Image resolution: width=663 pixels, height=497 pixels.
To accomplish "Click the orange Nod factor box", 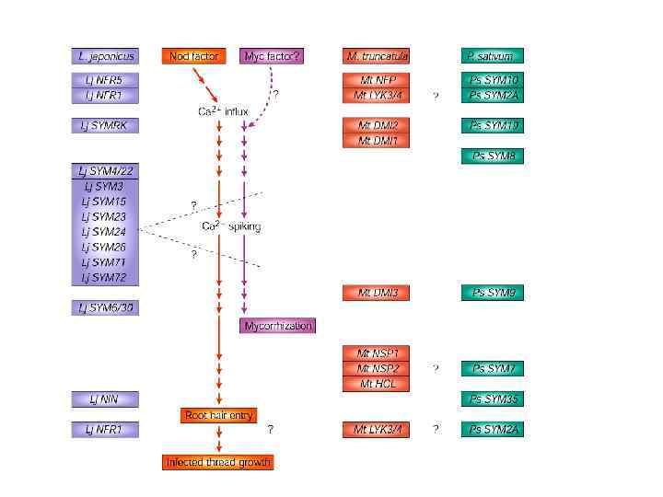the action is (x=193, y=56).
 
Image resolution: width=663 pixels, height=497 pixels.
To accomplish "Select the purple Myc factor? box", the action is (x=272, y=56).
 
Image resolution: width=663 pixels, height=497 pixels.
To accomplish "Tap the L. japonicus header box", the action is (x=105, y=56).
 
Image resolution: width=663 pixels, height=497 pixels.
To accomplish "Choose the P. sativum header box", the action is (x=493, y=56).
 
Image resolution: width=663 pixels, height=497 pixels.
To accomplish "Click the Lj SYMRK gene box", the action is (x=105, y=125).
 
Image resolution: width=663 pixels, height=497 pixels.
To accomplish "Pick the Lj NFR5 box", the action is (x=105, y=80).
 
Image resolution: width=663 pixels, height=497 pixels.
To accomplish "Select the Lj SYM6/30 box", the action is (x=105, y=307).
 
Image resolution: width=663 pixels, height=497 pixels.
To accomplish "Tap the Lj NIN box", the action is (x=105, y=399).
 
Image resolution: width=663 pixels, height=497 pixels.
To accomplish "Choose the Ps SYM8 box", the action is (x=493, y=156).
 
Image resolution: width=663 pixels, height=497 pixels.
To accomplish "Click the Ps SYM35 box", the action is (x=493, y=399).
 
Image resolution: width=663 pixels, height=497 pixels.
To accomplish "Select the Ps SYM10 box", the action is (x=493, y=80).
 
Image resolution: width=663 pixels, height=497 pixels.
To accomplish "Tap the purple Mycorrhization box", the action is (x=278, y=326).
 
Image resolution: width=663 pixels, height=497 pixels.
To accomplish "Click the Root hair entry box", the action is (x=218, y=415).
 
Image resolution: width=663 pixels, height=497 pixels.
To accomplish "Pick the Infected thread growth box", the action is (x=218, y=461).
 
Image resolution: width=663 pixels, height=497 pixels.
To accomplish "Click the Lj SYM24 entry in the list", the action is (x=105, y=232).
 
